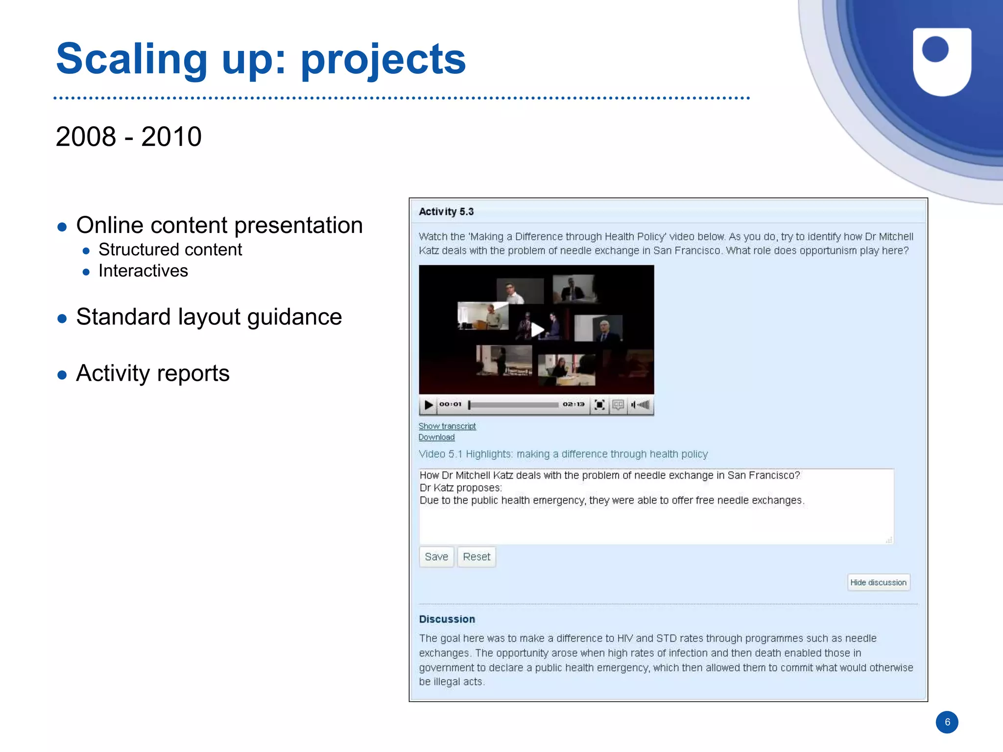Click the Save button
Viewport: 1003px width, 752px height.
[x=436, y=557]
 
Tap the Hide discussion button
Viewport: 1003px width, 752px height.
[x=879, y=582]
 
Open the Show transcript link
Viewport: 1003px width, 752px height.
[x=447, y=426]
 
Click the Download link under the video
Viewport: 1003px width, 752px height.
[x=436, y=437]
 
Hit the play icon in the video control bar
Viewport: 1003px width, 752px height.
[x=429, y=405]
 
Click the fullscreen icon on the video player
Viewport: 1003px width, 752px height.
[x=599, y=405]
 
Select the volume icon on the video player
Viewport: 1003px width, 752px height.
[x=641, y=405]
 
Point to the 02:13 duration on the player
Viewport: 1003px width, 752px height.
[x=573, y=404]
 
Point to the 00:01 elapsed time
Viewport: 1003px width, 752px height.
[x=450, y=404]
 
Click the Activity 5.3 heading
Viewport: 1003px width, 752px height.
[x=446, y=211]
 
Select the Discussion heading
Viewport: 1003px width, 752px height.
[x=447, y=619]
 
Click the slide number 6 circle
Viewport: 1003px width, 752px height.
[x=947, y=722]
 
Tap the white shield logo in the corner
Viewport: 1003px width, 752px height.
[x=942, y=61]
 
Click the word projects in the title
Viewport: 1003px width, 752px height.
[x=383, y=59]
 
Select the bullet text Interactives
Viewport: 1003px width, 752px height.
[x=143, y=271]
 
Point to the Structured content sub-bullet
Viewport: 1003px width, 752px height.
[x=170, y=250]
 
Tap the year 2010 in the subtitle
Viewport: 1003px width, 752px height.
[x=171, y=137]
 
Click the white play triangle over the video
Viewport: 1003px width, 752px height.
[x=537, y=330]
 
